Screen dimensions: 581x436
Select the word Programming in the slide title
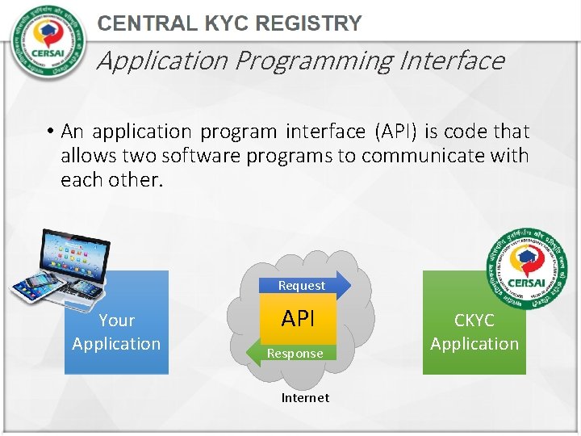314,61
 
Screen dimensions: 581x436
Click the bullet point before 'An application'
50,132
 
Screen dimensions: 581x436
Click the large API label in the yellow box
298,319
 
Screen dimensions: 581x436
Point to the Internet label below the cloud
305,397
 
